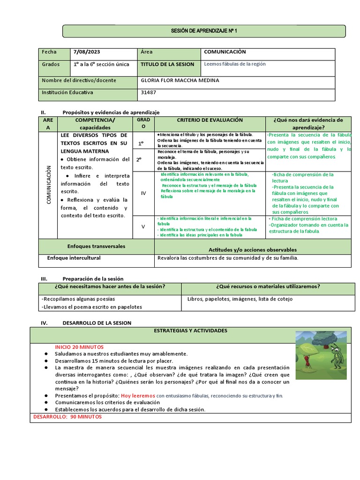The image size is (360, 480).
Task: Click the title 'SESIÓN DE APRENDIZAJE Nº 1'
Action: coord(204,31)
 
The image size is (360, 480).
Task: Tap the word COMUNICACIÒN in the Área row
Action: coord(225,52)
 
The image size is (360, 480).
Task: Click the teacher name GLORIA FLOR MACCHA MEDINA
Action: coord(180,80)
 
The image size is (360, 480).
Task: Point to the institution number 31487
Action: coord(149,92)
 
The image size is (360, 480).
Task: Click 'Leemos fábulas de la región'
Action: coord(235,64)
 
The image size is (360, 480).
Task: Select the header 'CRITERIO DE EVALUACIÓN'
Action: coord(210,120)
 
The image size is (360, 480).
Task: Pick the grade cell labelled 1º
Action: coord(139,143)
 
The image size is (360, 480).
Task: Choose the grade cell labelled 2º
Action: coord(139,159)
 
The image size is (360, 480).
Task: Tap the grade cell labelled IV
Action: coord(143,193)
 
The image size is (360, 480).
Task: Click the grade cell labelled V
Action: coord(143,226)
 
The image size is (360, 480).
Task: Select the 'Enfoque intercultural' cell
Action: coord(74,258)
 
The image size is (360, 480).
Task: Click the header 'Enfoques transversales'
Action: coord(96,246)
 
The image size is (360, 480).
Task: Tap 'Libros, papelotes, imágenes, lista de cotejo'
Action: coord(240,299)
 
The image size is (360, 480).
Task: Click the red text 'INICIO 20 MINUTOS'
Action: coord(79,347)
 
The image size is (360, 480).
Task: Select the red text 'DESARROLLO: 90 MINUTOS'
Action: coord(67,417)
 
